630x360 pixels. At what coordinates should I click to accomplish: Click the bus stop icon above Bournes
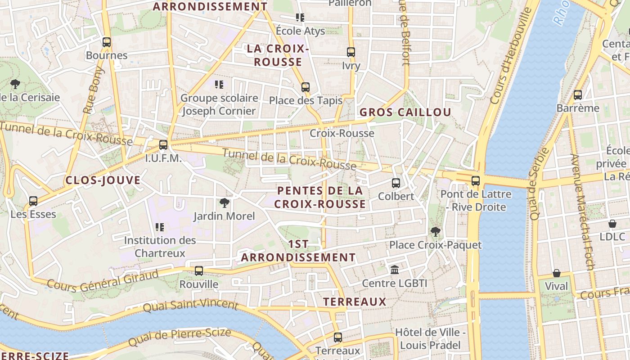click(x=107, y=43)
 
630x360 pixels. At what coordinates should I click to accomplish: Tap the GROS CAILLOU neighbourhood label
click(x=405, y=112)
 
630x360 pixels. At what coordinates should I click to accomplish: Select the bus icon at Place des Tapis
click(x=306, y=87)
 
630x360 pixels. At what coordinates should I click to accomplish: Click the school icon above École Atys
click(x=300, y=18)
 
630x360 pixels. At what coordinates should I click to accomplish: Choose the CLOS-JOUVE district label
click(x=103, y=180)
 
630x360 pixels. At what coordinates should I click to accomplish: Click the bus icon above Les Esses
click(x=33, y=201)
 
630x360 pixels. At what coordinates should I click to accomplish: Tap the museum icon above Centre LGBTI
click(x=395, y=270)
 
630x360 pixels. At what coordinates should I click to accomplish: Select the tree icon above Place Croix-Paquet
click(x=435, y=232)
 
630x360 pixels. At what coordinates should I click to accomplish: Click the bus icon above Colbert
click(x=396, y=183)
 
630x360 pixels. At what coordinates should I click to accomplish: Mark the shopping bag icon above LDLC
click(x=612, y=224)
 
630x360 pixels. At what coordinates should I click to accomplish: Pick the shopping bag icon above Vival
click(x=557, y=273)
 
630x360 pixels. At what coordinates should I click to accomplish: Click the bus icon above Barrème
click(x=578, y=95)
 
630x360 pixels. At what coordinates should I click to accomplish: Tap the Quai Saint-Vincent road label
click(x=190, y=306)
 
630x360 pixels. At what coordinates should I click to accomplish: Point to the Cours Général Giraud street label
click(x=103, y=280)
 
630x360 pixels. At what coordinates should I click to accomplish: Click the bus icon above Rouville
click(x=199, y=271)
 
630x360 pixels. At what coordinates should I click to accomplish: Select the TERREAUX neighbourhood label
click(x=355, y=301)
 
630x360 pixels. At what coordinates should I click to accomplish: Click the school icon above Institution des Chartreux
click(x=160, y=227)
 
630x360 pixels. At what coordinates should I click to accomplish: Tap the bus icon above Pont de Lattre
click(x=476, y=181)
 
